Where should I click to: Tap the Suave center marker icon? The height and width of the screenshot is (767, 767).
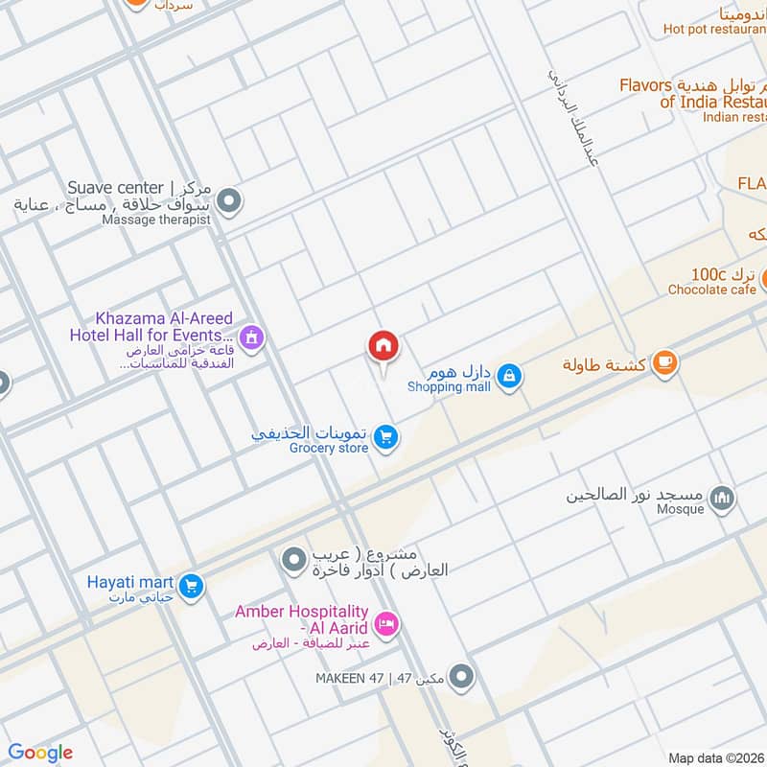pos(229,202)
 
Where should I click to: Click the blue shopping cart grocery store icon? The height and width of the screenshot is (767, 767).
pos(386,437)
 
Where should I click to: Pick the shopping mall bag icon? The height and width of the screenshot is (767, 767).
pos(510,376)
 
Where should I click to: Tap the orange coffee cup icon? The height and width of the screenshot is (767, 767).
pos(664,363)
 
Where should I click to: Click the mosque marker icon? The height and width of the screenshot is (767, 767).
pos(723,497)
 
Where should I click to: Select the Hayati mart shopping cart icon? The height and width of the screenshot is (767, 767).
pos(191,584)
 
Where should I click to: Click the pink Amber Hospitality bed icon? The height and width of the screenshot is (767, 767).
pos(386,624)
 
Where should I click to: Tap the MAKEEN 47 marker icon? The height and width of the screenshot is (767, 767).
pos(461,678)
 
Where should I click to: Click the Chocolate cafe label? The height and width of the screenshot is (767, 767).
pos(711,290)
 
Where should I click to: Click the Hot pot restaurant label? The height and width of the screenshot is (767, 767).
pos(714,29)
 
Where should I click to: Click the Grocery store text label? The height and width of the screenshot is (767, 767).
pos(329,448)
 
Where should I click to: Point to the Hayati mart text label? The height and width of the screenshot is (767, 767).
pos(128,582)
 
